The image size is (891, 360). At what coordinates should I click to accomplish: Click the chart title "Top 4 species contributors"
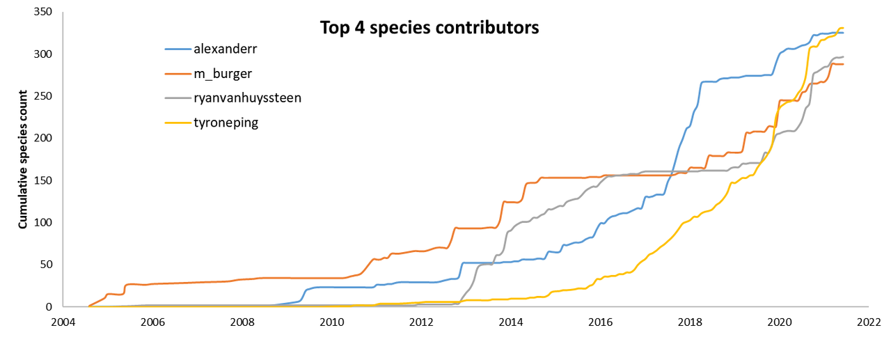[x=429, y=28]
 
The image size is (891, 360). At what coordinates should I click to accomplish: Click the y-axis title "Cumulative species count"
[x=23, y=159]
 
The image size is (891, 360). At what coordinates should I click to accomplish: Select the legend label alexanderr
[x=226, y=49]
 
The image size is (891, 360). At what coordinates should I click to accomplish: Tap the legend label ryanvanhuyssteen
[x=247, y=97]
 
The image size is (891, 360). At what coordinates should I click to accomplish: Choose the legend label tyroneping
[x=227, y=122]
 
